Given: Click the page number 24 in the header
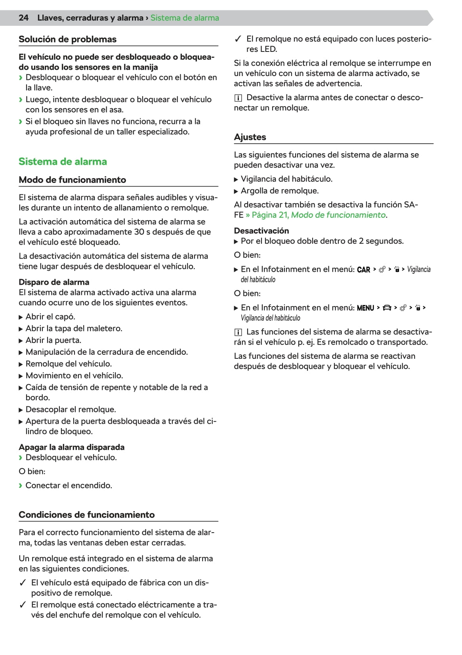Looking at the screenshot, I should click(23, 18).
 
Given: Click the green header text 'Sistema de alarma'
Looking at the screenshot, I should click(185, 18).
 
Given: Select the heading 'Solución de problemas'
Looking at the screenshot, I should click(67, 39).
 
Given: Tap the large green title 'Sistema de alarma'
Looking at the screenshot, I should click(63, 162).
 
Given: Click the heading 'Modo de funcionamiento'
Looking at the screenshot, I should click(72, 180).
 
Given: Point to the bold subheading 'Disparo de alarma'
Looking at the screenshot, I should click(54, 282).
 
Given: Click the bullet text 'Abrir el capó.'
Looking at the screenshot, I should click(50, 316).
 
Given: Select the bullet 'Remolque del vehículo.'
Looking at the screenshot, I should click(69, 364).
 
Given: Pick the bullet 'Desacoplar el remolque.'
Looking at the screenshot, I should click(71, 409).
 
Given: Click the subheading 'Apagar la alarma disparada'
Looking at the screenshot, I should click(71, 447).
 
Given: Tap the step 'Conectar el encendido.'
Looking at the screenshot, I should click(69, 485).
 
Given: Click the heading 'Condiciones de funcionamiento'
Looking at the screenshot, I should click(86, 515).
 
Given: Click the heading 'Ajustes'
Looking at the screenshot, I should click(250, 137).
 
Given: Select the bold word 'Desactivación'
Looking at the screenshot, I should click(261, 230).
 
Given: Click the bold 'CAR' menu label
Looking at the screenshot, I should click(363, 270).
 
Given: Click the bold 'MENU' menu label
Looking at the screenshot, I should click(365, 308).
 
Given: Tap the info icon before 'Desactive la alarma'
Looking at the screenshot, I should click(238, 98).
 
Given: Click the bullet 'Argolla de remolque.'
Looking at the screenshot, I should click(279, 191).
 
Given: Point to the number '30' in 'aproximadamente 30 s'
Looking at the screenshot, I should click(139, 232).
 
